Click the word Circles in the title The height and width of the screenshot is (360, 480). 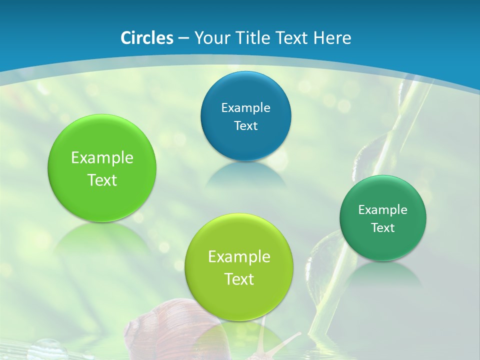[x=146, y=38]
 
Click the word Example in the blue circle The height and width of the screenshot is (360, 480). [x=245, y=107]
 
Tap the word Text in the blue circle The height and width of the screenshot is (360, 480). [x=245, y=125]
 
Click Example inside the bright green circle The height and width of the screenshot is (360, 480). [x=102, y=158]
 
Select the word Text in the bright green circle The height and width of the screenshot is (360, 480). [x=102, y=180]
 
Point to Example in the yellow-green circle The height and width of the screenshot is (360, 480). [x=239, y=257]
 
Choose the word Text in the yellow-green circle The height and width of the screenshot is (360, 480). [x=239, y=279]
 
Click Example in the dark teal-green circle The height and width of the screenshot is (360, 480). [x=383, y=209]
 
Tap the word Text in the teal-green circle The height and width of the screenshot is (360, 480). [x=383, y=227]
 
